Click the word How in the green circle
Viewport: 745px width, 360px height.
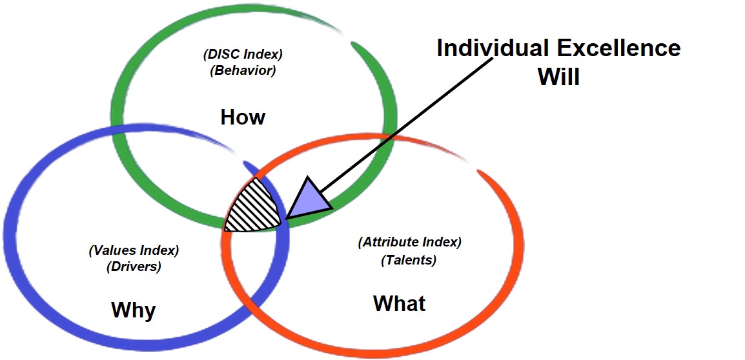click(x=243, y=117)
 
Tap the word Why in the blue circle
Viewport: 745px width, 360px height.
click(x=134, y=310)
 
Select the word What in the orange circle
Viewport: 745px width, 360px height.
click(x=400, y=303)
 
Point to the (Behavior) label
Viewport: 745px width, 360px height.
click(x=243, y=70)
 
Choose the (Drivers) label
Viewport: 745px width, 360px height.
click(x=134, y=266)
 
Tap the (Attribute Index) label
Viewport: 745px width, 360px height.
click(x=409, y=243)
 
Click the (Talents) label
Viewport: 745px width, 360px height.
click(x=409, y=261)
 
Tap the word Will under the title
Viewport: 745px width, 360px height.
click(x=559, y=77)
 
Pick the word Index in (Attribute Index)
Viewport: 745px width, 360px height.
click(x=442, y=243)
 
